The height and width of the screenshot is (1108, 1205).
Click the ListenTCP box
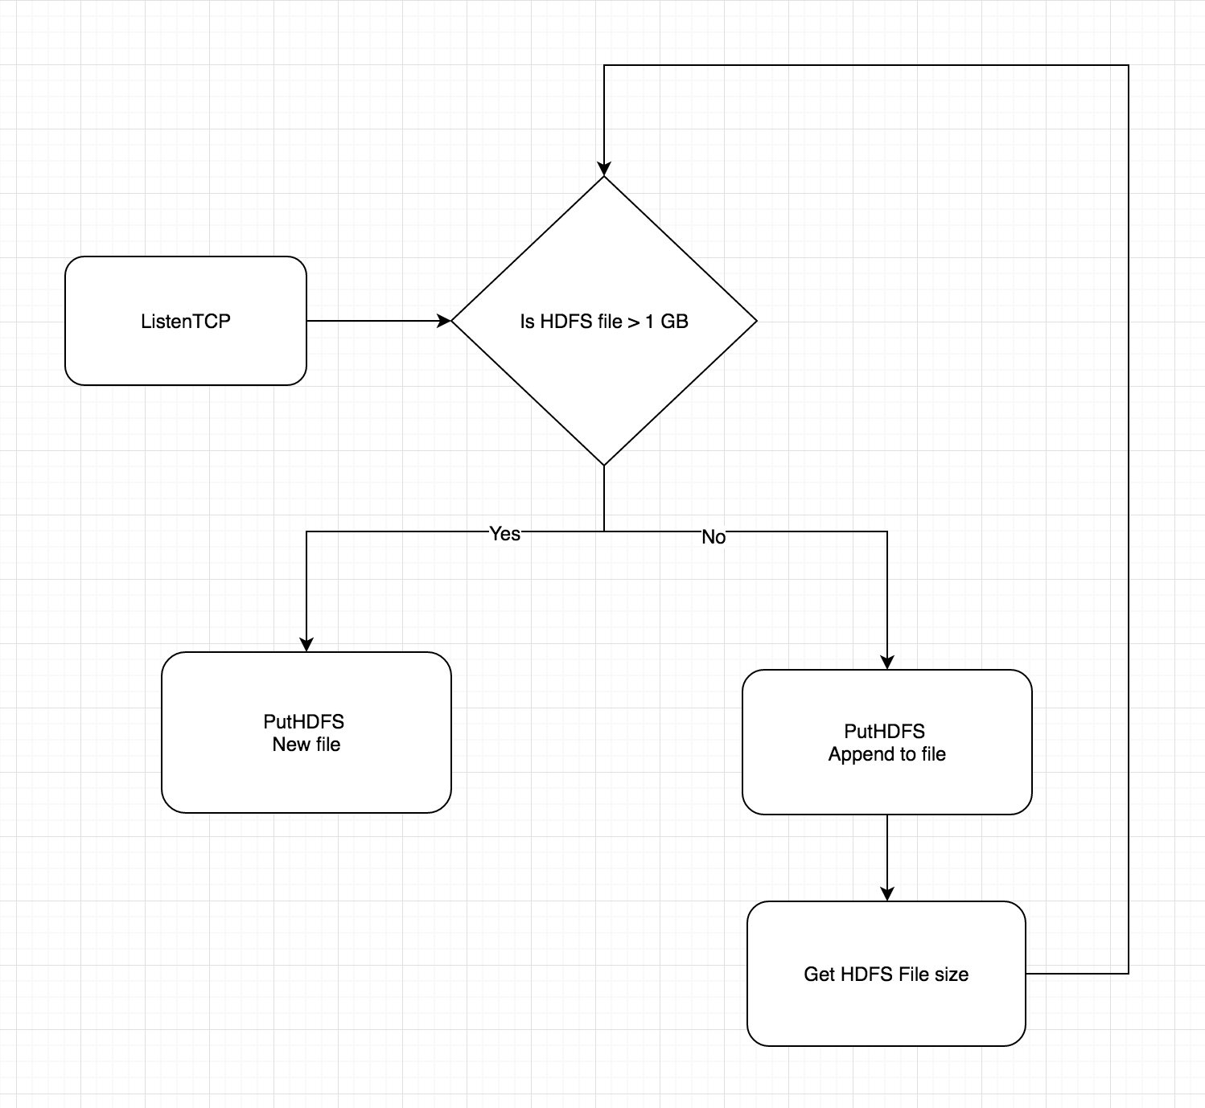[x=186, y=321]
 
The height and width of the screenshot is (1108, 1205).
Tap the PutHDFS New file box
[x=306, y=733]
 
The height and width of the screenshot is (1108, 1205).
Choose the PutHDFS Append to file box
[x=886, y=742]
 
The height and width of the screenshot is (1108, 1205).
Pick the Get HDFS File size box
[x=886, y=974]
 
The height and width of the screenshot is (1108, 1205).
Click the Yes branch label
[x=504, y=534]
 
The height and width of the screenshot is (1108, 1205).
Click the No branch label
[x=714, y=536]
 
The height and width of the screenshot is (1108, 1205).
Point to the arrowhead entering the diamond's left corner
[x=443, y=321]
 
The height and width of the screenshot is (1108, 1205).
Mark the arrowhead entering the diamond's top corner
[x=604, y=168]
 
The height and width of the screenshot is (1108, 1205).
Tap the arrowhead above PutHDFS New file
[x=306, y=644]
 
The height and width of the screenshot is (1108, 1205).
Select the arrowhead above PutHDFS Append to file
[x=887, y=662]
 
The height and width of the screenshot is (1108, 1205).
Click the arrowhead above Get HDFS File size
[x=887, y=893]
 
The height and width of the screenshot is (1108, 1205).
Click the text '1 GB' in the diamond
[x=667, y=322]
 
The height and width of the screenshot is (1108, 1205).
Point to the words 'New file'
[x=306, y=745]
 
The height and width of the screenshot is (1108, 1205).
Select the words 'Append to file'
[x=886, y=754]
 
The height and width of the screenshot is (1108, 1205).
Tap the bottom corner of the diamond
[x=604, y=464]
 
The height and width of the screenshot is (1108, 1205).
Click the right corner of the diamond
[x=755, y=321]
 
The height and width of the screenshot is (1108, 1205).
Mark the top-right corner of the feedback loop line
[x=1129, y=66]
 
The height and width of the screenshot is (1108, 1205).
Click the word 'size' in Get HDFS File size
[x=952, y=974]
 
